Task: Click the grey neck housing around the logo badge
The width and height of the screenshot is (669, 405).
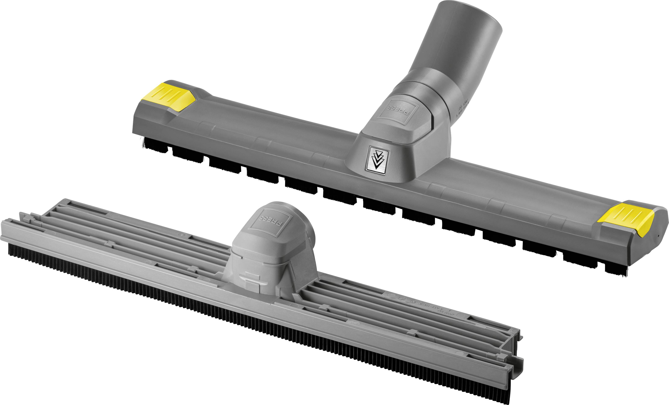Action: click(402, 155)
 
